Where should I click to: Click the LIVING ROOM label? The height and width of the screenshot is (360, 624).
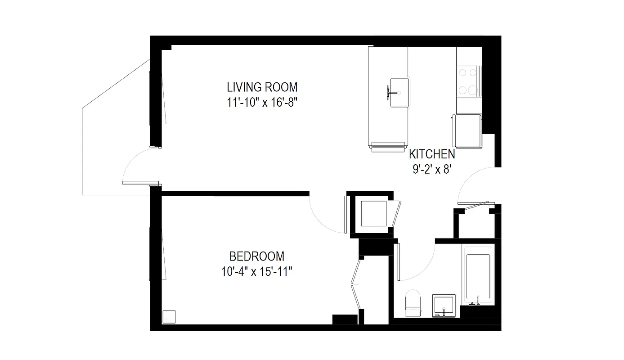click(x=262, y=87)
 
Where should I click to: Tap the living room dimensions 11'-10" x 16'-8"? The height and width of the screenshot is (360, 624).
click(x=263, y=103)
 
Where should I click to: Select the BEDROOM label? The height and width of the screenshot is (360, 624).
click(x=256, y=256)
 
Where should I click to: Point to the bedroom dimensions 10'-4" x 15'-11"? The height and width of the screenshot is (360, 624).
click(x=257, y=272)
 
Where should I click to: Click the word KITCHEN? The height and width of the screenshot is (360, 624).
click(x=431, y=154)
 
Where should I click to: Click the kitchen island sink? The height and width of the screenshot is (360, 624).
click(x=399, y=92)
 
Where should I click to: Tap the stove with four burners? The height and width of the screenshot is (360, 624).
click(x=468, y=81)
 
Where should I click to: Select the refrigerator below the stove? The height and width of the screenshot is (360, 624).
click(x=467, y=130)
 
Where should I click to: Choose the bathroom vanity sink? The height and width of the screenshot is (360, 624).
click(x=444, y=306)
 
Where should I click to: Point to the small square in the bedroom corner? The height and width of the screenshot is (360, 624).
click(x=170, y=317)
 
